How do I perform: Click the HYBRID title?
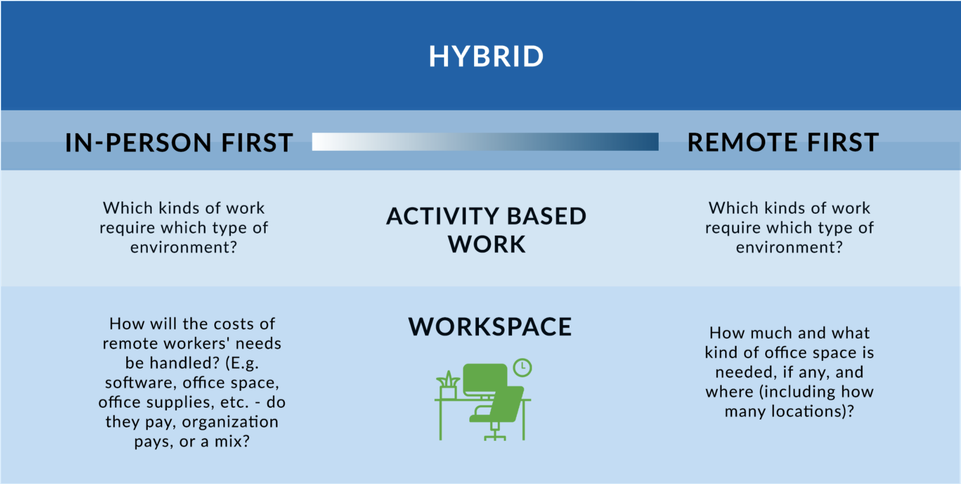[x=486, y=57]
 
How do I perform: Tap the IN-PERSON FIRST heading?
[x=179, y=143]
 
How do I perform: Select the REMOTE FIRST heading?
[x=783, y=143]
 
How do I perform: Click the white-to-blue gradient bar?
[x=485, y=142]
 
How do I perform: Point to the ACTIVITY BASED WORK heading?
[x=486, y=230]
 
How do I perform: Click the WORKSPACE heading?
[x=490, y=327]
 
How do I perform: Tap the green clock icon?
[x=522, y=367]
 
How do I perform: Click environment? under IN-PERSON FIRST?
[x=183, y=247]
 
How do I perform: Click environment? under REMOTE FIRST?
[x=789, y=247]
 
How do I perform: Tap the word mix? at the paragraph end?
[x=232, y=441]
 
